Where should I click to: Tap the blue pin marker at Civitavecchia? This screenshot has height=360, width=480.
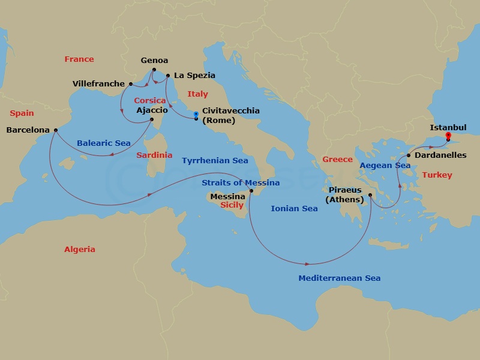pos(196,115)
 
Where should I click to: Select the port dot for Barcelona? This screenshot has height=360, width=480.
pos(55,130)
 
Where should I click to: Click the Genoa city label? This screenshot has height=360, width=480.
pos(154,61)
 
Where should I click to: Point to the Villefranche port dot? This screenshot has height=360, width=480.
pos(130,84)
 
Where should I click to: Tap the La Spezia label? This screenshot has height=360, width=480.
pos(194,76)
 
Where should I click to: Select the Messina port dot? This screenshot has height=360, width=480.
pos(251,191)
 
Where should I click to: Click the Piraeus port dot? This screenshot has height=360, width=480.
pos(370,195)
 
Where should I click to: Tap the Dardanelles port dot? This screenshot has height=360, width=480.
pos(408,155)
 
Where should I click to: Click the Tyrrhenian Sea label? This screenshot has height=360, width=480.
pos(215,160)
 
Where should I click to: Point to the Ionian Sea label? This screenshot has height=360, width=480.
pos(294,208)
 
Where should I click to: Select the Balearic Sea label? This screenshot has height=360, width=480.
pos(104,143)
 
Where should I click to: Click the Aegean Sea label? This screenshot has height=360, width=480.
pos(385,165)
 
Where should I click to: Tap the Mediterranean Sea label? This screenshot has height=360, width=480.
pos(340,278)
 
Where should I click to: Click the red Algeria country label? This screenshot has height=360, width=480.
pos(80,249)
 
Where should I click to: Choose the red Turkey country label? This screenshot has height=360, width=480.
pos(437,175)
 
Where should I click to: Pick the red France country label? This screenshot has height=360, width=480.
pos(79,59)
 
